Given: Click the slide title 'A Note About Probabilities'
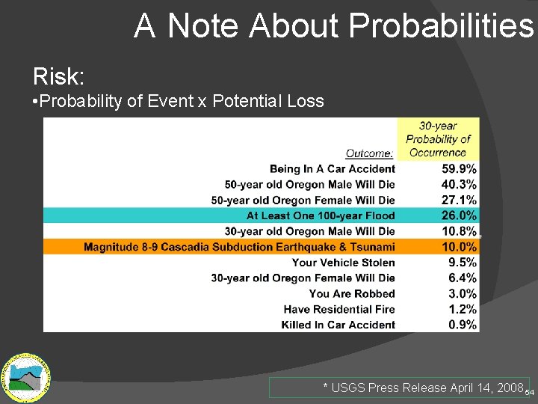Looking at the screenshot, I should (334, 25).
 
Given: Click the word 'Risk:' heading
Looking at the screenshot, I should (59, 76).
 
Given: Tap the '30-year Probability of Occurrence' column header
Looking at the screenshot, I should (438, 139).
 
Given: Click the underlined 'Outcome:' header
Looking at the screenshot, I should (370, 153).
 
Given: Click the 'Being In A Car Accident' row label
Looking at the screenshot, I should (332, 169).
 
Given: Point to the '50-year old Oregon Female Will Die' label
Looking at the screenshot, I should (303, 201).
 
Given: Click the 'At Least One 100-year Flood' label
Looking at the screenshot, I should (321, 216).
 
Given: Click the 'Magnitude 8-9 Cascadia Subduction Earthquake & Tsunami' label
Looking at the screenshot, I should (239, 247).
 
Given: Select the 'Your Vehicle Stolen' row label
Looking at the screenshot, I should (343, 263).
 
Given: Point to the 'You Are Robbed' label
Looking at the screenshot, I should (352, 294).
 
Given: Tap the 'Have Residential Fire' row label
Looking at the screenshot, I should (339, 309).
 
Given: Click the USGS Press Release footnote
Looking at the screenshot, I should (422, 388).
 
